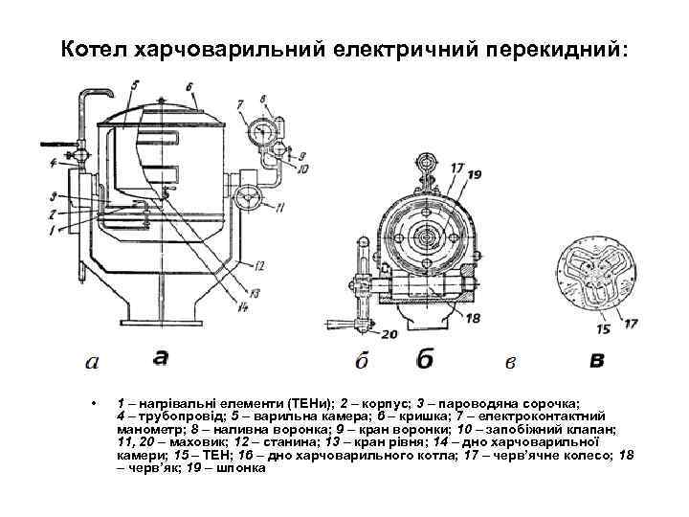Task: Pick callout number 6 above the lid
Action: [x=189, y=86]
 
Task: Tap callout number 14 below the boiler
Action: [x=244, y=306]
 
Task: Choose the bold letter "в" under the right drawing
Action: [x=597, y=360]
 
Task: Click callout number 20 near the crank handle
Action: [x=387, y=333]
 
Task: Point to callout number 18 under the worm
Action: [x=471, y=317]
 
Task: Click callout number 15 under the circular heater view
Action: [x=604, y=329]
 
